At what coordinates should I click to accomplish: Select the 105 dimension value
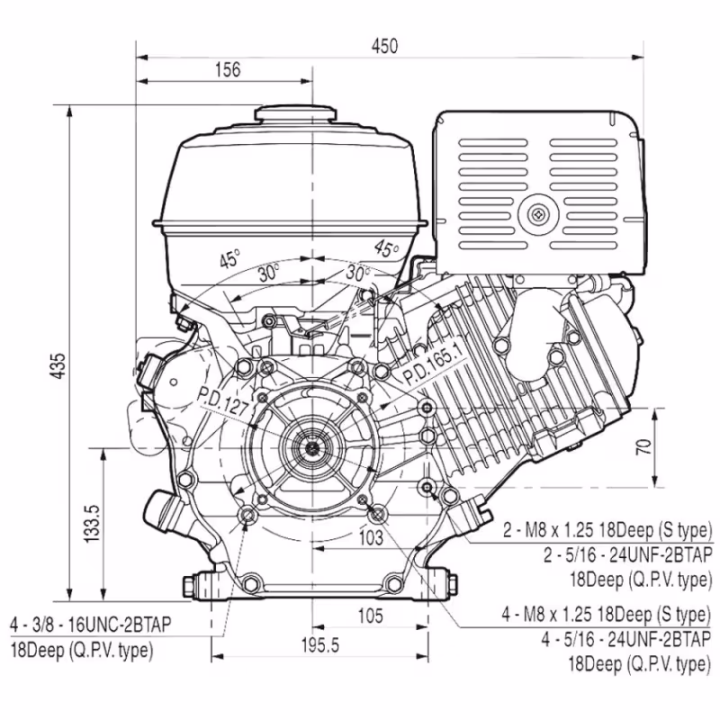pyautogui.click(x=369, y=616)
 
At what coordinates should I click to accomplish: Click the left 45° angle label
pyautogui.click(x=230, y=259)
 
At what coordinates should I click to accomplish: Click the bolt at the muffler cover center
pyautogui.click(x=538, y=214)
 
